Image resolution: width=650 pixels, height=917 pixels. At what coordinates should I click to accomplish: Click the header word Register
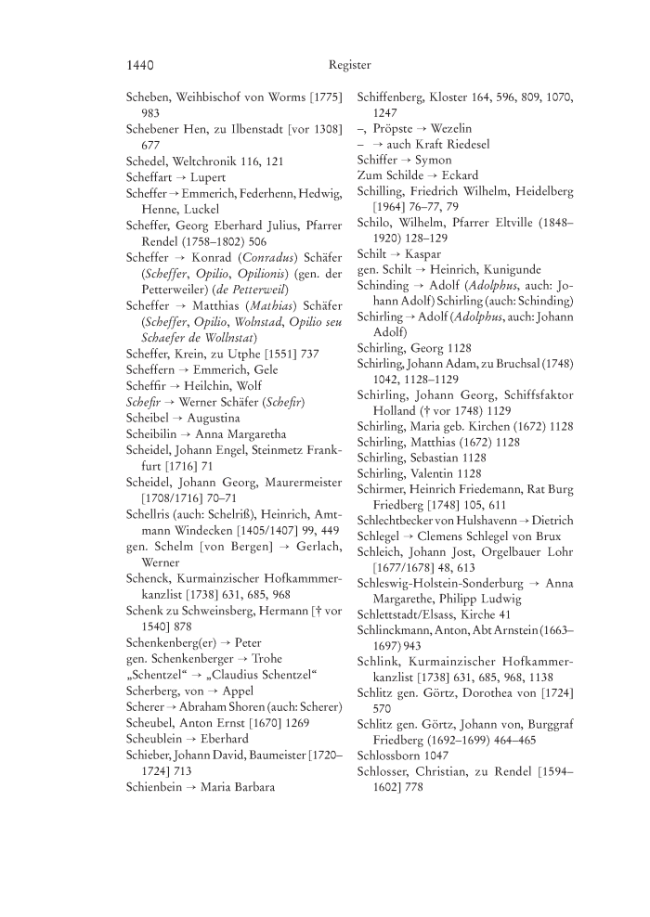tap(349, 65)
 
